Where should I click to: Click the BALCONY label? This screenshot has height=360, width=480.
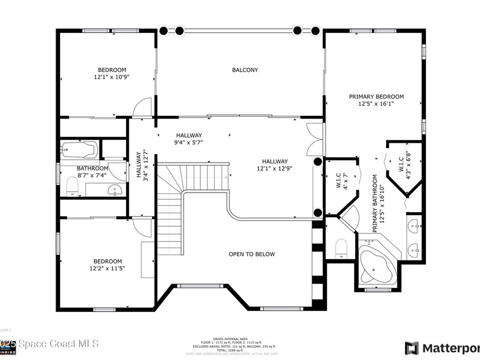245,70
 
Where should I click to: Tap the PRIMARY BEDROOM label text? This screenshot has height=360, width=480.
376,97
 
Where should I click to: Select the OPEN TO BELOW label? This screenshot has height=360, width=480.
252,255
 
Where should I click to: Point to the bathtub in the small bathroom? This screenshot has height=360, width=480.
79,150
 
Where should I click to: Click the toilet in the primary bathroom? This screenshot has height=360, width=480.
341,247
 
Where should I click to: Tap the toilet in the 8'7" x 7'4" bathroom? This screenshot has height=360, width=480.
72,187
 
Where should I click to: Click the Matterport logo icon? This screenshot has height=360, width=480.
412,348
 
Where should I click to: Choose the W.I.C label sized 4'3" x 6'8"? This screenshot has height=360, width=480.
405,162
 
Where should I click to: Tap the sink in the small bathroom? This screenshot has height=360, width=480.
115,189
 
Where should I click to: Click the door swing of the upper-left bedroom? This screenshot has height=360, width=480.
142,107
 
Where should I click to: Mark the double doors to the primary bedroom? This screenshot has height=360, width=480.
315,139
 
